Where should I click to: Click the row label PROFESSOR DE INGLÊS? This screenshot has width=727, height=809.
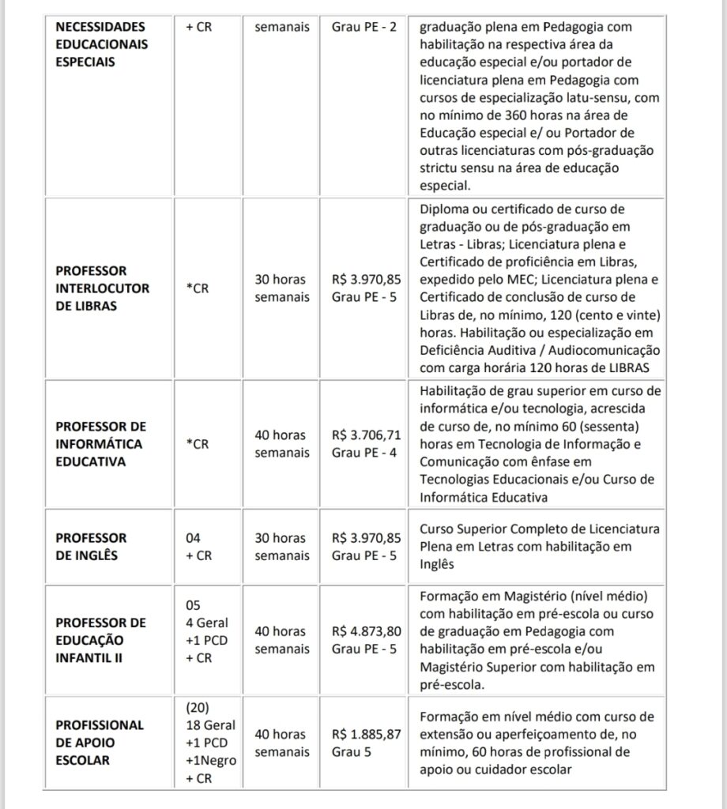91,546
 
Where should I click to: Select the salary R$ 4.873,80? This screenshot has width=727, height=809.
367,631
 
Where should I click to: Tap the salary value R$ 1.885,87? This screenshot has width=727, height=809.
367,734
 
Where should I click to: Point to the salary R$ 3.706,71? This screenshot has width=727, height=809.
367,435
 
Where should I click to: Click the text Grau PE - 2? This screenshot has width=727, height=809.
366,27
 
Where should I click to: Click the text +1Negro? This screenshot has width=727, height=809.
211,760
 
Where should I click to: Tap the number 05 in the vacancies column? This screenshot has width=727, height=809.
194,605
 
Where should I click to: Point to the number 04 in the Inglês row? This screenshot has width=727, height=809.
194,538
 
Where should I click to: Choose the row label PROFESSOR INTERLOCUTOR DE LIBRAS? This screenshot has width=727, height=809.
102,288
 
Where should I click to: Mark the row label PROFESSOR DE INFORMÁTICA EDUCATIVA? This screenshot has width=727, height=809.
102,444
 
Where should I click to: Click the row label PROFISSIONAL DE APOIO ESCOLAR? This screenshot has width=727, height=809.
100,743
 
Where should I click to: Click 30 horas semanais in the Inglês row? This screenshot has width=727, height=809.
281,547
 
